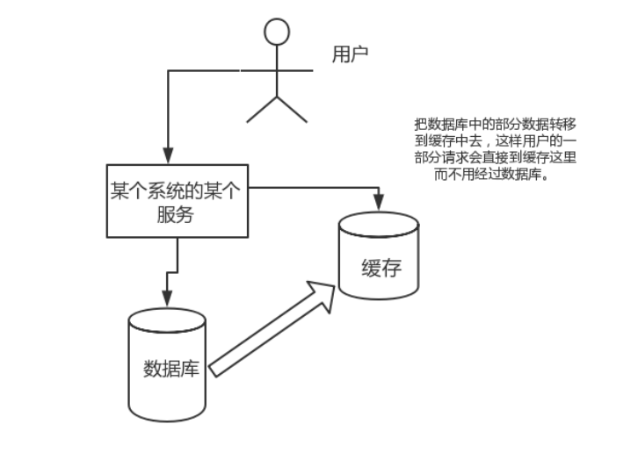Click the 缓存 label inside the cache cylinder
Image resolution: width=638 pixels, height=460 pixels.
381,268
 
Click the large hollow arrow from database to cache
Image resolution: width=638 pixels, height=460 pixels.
272,329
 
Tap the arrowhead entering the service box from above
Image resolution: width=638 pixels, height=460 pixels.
168,156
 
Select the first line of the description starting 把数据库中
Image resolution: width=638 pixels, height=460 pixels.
496,125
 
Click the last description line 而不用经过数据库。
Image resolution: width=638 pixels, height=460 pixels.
497,173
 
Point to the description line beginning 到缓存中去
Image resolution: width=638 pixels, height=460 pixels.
496,140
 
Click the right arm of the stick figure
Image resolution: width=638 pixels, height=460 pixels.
297,68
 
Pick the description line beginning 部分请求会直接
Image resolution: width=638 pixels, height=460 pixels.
496,157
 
